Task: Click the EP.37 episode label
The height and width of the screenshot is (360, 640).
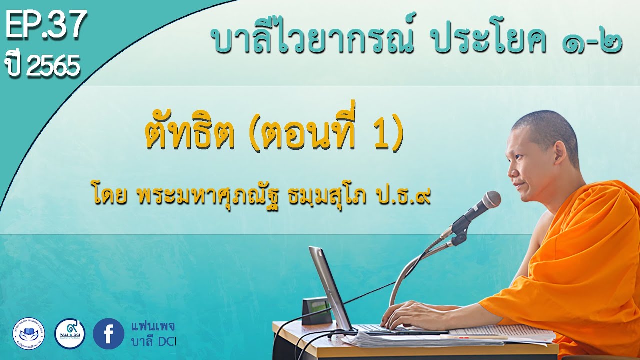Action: (x=46, y=26)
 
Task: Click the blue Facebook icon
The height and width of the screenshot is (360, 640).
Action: (x=108, y=334)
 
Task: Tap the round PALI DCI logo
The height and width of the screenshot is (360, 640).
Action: (x=70, y=333)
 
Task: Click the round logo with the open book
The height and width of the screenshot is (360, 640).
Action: (x=28, y=333)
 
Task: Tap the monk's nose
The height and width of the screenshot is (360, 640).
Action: (x=511, y=170)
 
